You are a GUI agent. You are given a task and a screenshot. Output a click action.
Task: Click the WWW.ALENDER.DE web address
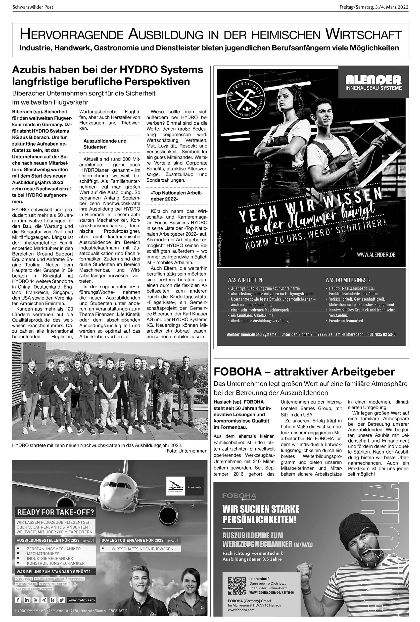tap(376, 255)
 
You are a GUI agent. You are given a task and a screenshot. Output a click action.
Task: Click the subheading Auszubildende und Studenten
tap(105, 144)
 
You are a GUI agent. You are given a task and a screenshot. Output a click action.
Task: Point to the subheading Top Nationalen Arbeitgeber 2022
tap(176, 196)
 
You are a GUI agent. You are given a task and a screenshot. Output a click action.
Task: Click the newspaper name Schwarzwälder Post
tap(33, 7)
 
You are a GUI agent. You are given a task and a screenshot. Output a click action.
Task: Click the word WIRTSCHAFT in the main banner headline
tap(363, 35)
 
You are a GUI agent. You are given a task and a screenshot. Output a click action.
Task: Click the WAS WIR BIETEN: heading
tap(245, 280)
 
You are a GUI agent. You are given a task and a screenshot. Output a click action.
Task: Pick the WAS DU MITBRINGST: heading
tap(347, 280)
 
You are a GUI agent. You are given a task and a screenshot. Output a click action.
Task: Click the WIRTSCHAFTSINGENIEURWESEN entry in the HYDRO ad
tap(142, 549)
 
